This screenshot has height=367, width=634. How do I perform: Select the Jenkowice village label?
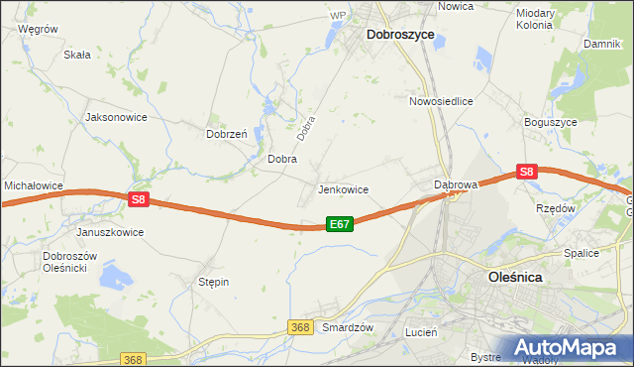coord(343,188)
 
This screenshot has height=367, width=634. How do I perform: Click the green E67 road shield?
coord(339,225)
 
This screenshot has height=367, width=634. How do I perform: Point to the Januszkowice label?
coord(110,232)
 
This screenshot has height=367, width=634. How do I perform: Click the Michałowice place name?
coord(34,185)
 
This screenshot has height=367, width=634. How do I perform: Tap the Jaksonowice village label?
coord(117,117)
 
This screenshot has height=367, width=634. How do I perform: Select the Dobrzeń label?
coord(225,134)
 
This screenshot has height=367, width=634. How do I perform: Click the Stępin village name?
coord(214,283)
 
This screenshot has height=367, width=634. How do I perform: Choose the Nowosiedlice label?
coord(441,101)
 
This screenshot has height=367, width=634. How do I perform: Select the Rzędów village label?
coord(555,209)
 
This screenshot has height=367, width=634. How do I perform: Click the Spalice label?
coord(581,253)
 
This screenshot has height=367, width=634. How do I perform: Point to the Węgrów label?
coord(39,30)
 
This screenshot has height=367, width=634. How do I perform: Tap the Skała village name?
coord(76,56)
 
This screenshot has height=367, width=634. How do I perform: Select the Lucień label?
coord(421,333)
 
